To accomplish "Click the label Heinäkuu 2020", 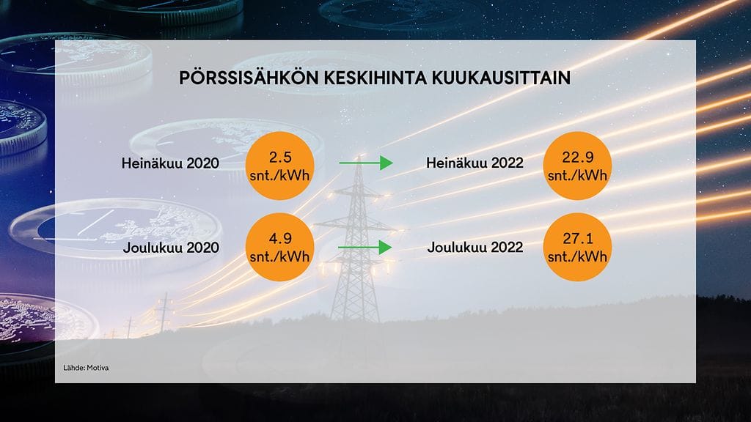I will [170, 163].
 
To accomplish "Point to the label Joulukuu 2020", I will [172, 248].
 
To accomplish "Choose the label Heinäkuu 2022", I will [475, 163].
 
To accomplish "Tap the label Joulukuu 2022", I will [475, 248].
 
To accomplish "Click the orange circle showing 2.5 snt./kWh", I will [280, 166].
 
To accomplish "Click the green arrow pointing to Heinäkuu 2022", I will [365, 163].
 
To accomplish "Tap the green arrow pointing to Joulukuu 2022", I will [365, 248].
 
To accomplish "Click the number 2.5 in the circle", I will [280, 156].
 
